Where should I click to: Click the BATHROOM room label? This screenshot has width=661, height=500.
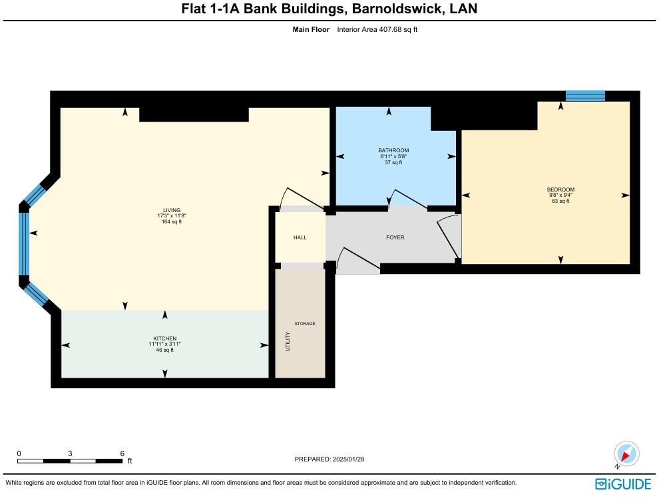click(x=393, y=150)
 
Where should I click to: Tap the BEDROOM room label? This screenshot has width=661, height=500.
click(x=560, y=189)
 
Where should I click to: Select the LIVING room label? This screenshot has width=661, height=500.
click(x=172, y=210)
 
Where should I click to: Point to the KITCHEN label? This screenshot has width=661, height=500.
click(x=165, y=338)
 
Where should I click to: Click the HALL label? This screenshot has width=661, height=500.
click(x=300, y=237)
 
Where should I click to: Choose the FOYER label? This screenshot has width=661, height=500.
click(x=395, y=237)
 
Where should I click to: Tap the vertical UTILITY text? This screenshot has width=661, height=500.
click(x=288, y=341)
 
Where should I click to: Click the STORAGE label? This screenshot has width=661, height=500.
click(x=305, y=324)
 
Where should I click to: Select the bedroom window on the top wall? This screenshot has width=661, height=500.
click(x=585, y=96)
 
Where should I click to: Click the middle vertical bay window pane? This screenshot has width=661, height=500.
click(x=24, y=243)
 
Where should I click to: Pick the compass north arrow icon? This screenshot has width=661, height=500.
click(x=626, y=454)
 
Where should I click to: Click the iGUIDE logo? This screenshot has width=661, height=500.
click(x=623, y=483)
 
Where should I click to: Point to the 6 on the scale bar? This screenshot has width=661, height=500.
click(x=122, y=453)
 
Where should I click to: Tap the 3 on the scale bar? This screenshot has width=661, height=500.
click(x=70, y=453)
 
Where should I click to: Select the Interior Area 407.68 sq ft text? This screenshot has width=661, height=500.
click(x=377, y=29)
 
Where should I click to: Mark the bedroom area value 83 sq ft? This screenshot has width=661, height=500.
click(x=560, y=201)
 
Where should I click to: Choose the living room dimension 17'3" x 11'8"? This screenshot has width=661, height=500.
click(x=172, y=216)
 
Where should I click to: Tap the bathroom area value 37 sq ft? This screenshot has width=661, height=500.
click(x=393, y=162)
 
